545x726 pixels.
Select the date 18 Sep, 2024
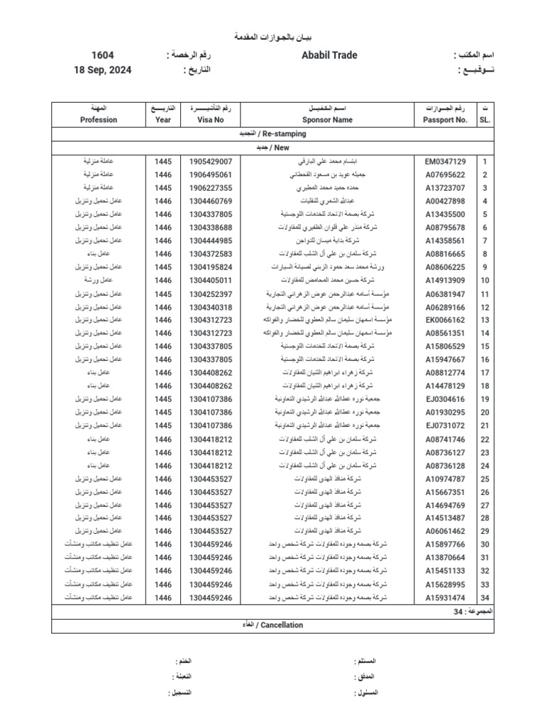point(102,70)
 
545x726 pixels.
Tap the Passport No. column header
point(445,120)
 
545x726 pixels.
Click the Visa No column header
point(211,120)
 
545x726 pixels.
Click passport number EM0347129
point(445,162)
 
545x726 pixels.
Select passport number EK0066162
point(445,320)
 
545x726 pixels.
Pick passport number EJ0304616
point(445,399)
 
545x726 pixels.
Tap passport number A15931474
point(445,598)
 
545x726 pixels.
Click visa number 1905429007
point(211,162)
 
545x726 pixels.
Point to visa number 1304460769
point(211,201)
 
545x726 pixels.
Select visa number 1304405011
point(211,280)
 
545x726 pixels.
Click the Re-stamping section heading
point(272,133)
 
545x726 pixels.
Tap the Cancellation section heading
point(272,625)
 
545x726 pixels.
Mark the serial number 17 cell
point(485,372)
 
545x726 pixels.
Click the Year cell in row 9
point(163,267)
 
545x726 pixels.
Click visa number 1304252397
point(211,294)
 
